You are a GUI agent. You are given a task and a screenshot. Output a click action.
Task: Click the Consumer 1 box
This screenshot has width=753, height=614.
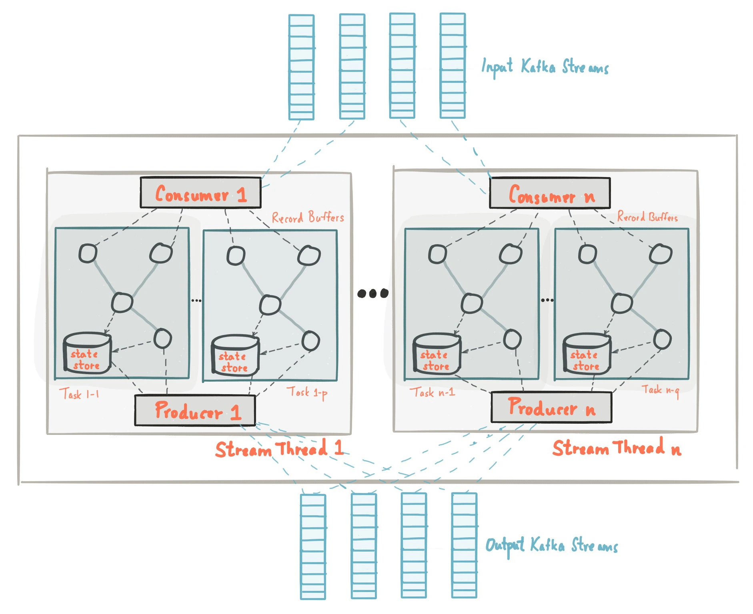pos(200,193)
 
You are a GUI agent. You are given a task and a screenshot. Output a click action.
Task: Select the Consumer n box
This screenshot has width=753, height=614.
pos(550,193)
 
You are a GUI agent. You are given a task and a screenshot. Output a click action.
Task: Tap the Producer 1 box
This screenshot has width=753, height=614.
pos(195,411)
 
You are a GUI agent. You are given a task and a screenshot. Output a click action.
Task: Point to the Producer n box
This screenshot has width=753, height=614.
pos(551,407)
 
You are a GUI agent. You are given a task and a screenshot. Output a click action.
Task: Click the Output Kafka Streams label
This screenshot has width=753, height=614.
pos(551,545)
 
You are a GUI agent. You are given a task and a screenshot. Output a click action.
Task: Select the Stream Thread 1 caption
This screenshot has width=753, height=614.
pos(279,449)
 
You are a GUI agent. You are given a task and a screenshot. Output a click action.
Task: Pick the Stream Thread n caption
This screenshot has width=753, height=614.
pos(616,448)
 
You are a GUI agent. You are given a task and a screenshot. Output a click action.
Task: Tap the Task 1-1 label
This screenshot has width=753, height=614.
pos(79,394)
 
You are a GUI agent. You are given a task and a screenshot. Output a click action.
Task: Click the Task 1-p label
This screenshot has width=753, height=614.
pos(307,392)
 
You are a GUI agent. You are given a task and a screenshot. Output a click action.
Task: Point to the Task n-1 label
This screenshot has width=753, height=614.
pos(432,392)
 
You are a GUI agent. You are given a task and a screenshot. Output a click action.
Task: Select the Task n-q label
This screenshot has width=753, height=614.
pos(660,390)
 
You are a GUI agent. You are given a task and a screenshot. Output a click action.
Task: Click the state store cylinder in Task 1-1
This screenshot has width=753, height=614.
pos(87,353)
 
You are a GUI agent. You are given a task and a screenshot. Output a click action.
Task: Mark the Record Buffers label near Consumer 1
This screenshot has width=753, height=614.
pos(308,217)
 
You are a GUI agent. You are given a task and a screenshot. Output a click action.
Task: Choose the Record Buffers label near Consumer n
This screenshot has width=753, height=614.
pos(647,217)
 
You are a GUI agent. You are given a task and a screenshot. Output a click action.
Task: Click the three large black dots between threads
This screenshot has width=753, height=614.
pos(372,293)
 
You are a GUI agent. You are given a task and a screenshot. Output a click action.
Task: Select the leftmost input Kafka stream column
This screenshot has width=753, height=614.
pos(301,67)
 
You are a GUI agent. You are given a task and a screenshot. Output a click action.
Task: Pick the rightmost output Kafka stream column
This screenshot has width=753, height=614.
pos(464,546)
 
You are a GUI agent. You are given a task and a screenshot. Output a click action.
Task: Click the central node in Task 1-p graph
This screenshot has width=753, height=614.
pos(270,305)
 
